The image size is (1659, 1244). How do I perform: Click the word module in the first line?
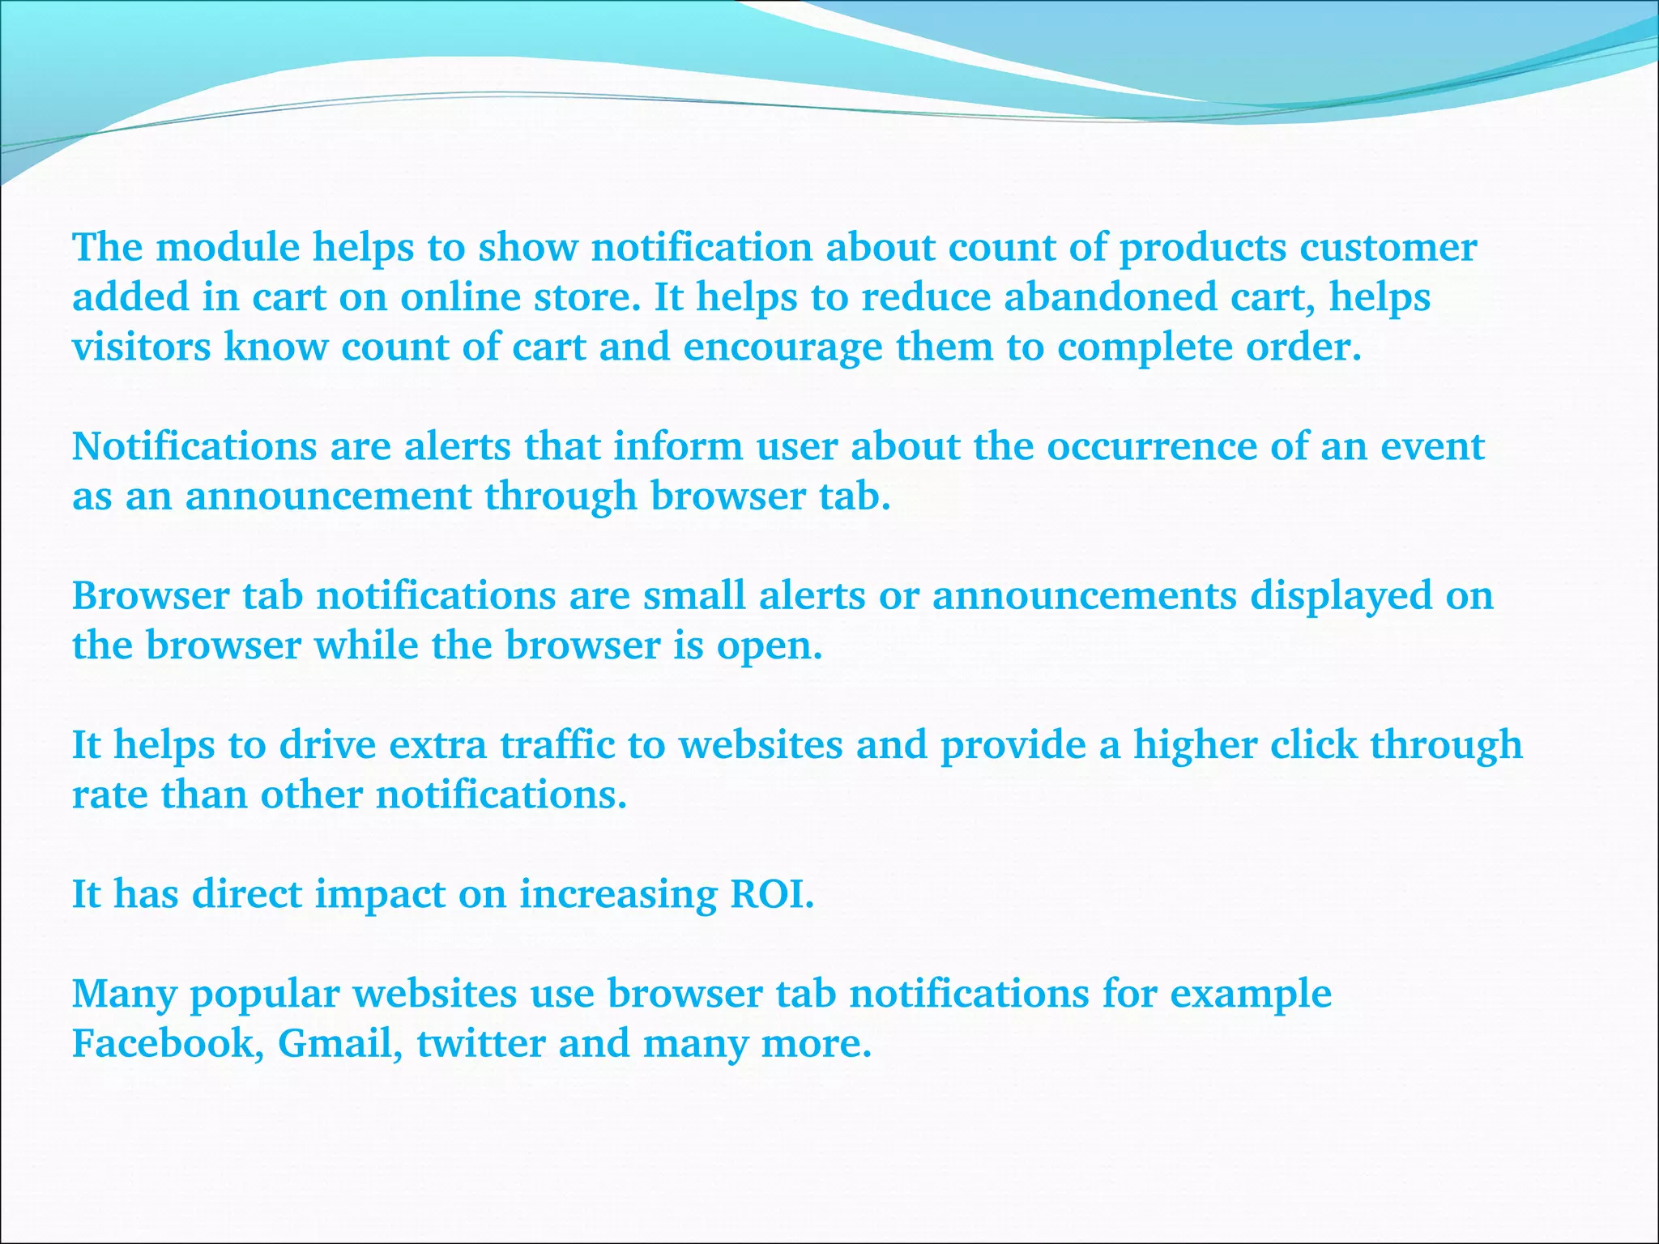pyautogui.click(x=228, y=247)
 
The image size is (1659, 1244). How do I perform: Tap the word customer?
pyautogui.click(x=1388, y=247)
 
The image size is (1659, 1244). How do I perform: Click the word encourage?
pyautogui.click(x=783, y=348)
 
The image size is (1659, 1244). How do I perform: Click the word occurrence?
pyautogui.click(x=1151, y=446)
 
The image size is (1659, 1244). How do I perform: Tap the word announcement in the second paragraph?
pyautogui.click(x=328, y=496)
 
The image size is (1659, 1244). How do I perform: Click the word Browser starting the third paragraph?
pyautogui.click(x=151, y=595)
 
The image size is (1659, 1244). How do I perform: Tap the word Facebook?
pyautogui.click(x=167, y=1043)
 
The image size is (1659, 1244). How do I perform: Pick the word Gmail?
pyautogui.click(x=339, y=1043)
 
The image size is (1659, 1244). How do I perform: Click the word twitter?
pyautogui.click(x=480, y=1043)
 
